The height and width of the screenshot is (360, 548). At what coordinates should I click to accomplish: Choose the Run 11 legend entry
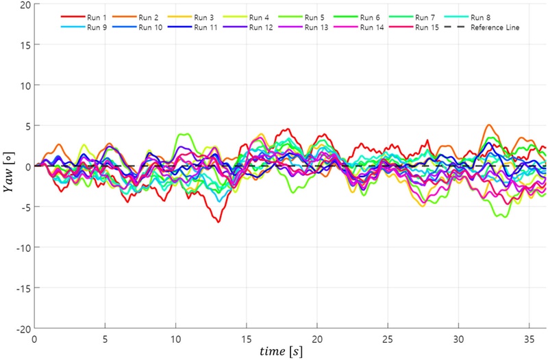point(205,27)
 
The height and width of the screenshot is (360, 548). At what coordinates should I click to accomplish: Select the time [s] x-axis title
point(282,352)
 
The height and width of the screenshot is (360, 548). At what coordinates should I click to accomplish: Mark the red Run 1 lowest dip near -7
point(219,222)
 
